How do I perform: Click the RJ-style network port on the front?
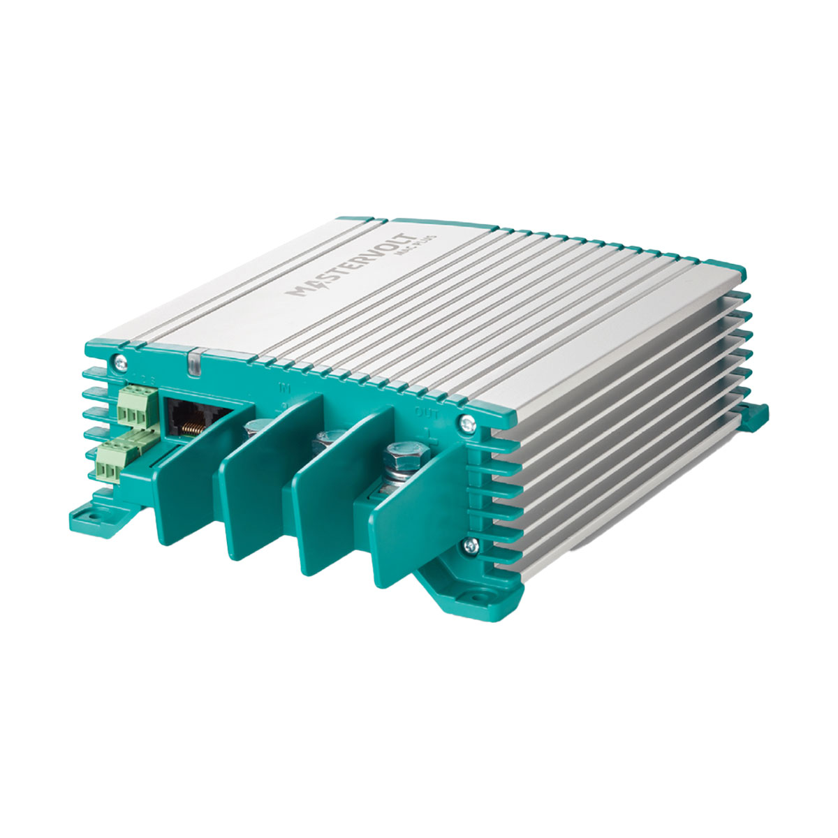(x=187, y=419)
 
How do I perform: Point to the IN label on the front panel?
(x=284, y=386)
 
